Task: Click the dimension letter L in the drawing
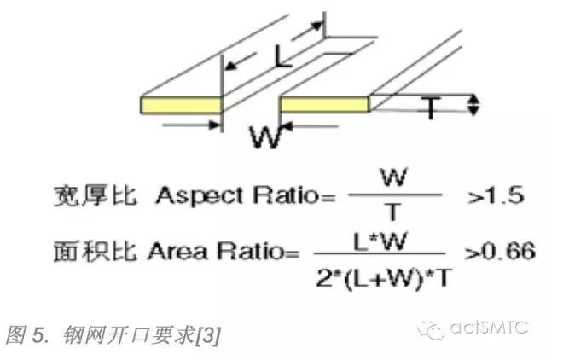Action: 282,57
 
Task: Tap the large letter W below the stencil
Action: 264,136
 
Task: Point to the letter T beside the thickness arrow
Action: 433,107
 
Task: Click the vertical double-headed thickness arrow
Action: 475,105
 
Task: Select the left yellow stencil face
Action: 182,104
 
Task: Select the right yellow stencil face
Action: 325,104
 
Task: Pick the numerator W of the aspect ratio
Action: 395,178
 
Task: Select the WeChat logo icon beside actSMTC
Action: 437,328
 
